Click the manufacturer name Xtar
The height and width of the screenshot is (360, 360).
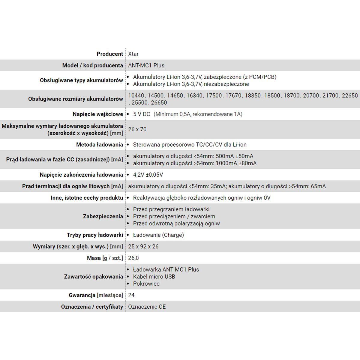click(133, 54)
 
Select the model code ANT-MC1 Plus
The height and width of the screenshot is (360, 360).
click(146, 65)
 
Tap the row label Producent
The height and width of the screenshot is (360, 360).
click(110, 54)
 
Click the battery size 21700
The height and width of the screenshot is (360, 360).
click(330, 96)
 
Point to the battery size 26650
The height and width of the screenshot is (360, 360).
click(159, 103)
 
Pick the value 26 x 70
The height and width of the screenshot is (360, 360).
click(137, 129)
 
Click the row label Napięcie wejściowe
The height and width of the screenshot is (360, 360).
click(98, 114)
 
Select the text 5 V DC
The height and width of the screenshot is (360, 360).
click(142, 114)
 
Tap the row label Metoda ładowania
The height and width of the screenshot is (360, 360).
click(100, 145)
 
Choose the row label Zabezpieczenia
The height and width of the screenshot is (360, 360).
click(103, 216)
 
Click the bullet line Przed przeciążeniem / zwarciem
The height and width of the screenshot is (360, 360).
click(174, 216)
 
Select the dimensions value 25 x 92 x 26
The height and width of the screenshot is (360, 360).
click(143, 247)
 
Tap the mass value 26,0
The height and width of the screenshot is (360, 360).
click(133, 258)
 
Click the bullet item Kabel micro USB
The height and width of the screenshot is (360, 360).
click(154, 277)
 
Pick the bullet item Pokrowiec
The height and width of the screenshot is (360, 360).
click(146, 283)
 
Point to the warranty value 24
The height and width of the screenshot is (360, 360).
click(131, 295)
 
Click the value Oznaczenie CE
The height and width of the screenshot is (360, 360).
click(147, 307)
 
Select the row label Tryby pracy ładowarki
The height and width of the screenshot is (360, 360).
click(95, 235)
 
